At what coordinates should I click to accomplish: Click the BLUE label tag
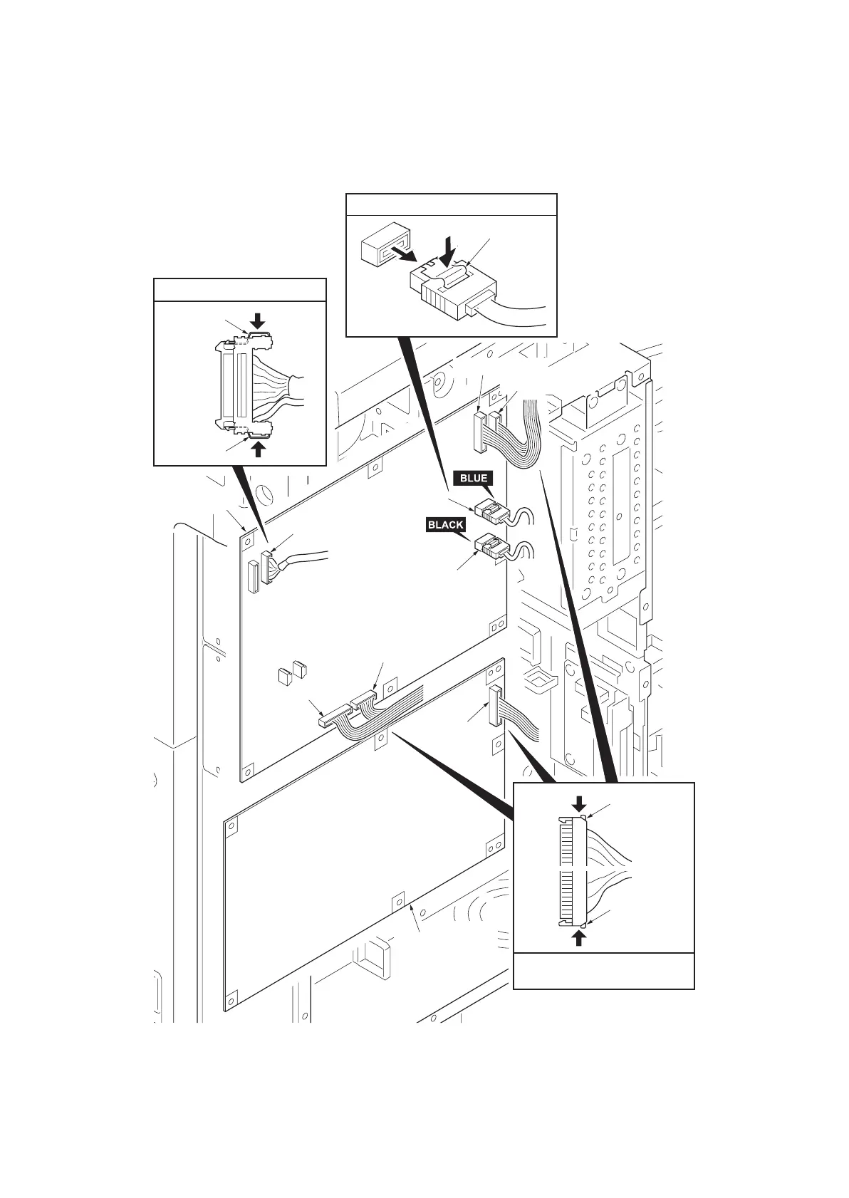[473, 478]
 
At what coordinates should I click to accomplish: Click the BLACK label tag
[445, 525]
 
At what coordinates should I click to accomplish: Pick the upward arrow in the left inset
[259, 448]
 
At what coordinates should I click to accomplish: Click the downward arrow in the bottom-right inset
[580, 803]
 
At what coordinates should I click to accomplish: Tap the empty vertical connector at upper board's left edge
[252, 577]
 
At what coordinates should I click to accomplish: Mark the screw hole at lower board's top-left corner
[231, 825]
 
